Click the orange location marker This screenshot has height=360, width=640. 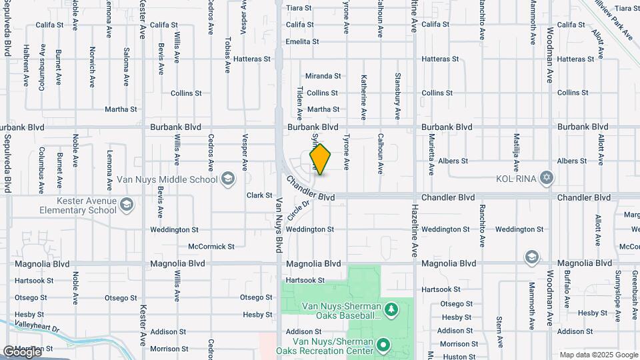click(321, 159)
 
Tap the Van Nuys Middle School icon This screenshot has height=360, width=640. click(228, 178)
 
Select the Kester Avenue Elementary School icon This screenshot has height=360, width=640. click(127, 205)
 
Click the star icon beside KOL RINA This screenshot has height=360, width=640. click(547, 178)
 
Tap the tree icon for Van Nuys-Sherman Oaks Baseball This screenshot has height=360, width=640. click(391, 309)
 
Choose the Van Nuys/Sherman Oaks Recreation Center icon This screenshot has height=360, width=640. click(383, 345)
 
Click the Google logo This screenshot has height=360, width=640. click(22, 352)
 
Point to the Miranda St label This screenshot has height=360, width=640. click(323, 76)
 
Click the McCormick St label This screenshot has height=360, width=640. click(211, 246)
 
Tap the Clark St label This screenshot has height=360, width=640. click(259, 195)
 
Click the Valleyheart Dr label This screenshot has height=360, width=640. click(37, 328)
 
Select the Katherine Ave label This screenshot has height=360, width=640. click(363, 97)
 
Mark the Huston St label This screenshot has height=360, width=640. click(458, 357)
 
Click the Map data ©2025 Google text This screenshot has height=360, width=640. click(598, 355)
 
